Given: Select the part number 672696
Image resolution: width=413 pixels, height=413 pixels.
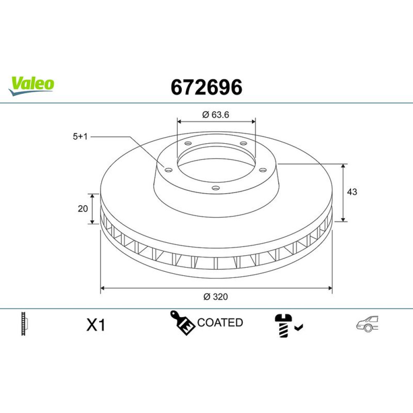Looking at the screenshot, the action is coord(206,87).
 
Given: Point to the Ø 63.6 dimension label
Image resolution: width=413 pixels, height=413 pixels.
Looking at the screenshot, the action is coord(216,115).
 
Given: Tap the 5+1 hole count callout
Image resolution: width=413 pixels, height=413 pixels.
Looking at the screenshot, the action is coord(80,137).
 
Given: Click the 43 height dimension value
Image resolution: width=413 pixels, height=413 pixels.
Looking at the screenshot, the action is coord(352,192).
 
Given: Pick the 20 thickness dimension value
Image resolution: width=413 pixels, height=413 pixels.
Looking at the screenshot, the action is coord(83,209).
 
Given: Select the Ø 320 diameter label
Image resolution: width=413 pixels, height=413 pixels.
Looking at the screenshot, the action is coord(216,297).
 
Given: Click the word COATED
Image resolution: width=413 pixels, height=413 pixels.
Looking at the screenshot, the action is coord(220,323).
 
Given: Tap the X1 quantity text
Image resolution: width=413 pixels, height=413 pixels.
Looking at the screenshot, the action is coord(96,325).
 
